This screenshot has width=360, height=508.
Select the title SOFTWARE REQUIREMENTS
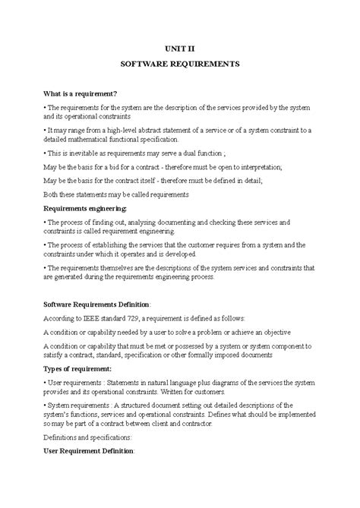tap(180, 65)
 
